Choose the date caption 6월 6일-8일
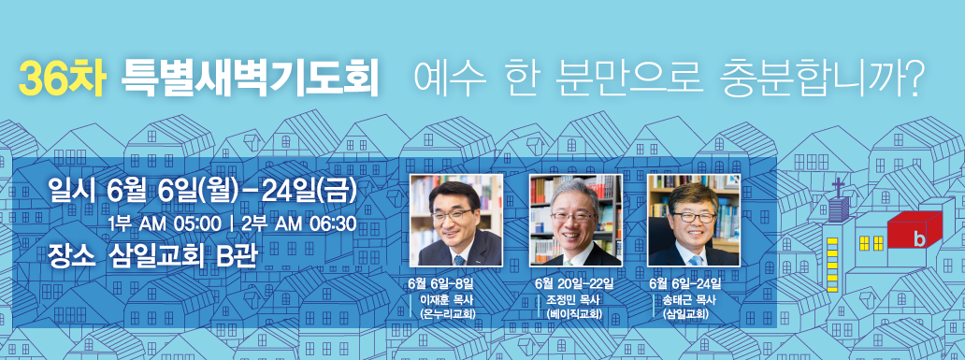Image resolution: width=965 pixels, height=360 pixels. (441, 283)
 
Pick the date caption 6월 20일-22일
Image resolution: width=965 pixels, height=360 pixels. (574, 283)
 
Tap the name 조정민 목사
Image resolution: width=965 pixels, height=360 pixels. (572, 299)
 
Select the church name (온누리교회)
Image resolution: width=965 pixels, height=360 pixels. (449, 314)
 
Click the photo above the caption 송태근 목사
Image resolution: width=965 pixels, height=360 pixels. (693, 221)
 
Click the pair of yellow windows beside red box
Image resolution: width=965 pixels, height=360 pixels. (871, 243)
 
